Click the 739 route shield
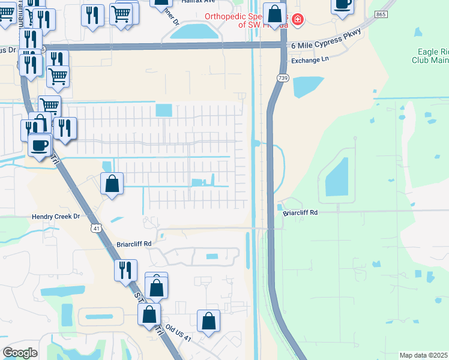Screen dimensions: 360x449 pos(282,78)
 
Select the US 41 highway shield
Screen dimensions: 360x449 pos(96,228)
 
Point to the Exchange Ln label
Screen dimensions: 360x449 pos(310,61)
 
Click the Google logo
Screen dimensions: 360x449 pos(20,353)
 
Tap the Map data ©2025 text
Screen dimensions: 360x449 pos(424,355)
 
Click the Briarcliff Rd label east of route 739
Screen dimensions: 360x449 pos(300,212)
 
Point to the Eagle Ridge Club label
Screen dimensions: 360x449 pos(430,56)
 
